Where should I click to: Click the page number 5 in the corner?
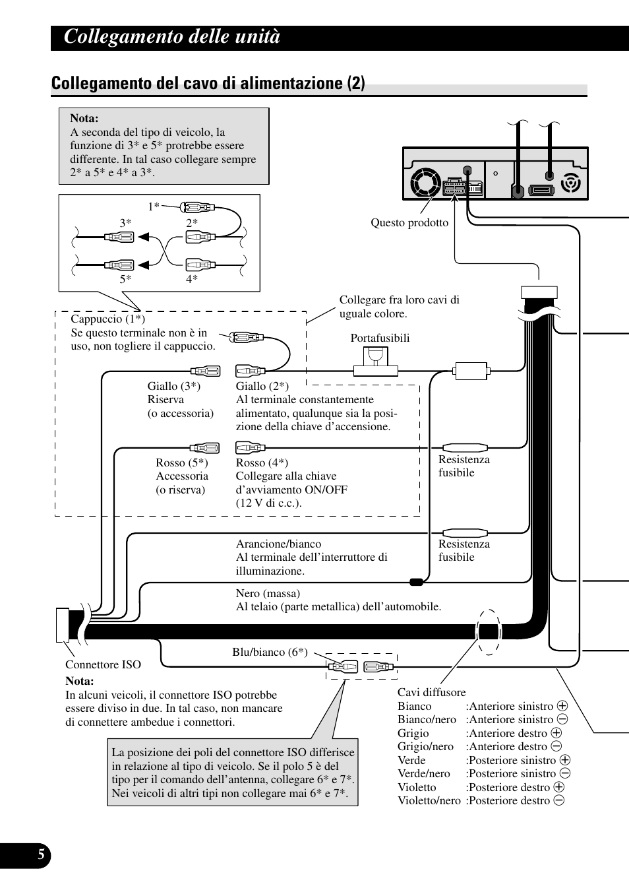tap(41, 856)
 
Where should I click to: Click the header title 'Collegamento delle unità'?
tap(172, 37)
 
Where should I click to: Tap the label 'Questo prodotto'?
tap(409, 223)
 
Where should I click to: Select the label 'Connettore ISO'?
tap(103, 664)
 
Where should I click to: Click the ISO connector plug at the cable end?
tap(63, 624)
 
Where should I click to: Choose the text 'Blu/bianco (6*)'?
tap(270, 652)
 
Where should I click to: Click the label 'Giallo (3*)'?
tap(173, 386)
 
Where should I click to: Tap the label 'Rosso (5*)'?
tap(181, 463)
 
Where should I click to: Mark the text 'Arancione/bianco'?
tap(278, 544)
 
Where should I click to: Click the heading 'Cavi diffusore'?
tap(431, 692)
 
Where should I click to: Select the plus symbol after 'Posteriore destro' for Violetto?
tap(559, 787)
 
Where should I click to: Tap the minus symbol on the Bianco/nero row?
tap(562, 720)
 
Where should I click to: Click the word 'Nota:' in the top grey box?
tap(84, 119)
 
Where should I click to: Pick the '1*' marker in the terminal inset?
tap(154, 207)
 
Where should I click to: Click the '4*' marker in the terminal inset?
tap(192, 279)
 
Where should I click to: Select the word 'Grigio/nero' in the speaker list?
tap(425, 747)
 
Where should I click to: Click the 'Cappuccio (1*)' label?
tap(107, 319)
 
